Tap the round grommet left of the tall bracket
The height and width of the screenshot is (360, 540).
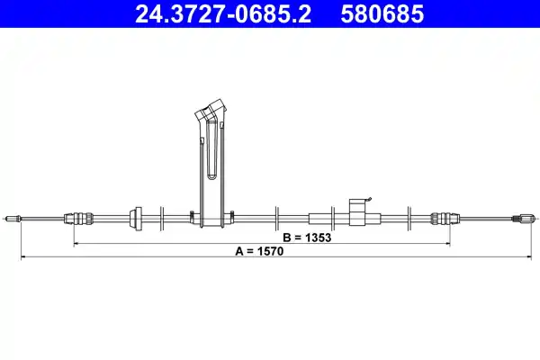pos(138,217)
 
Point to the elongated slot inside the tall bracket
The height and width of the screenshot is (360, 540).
pos(211,153)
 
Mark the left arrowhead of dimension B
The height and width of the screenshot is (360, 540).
pos(75,243)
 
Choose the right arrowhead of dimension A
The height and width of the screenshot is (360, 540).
pos(517,258)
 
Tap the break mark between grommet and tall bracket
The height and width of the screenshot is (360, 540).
pos(161,217)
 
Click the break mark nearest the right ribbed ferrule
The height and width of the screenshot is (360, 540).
pos(409,217)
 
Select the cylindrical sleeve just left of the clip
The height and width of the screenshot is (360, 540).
pos(324,217)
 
